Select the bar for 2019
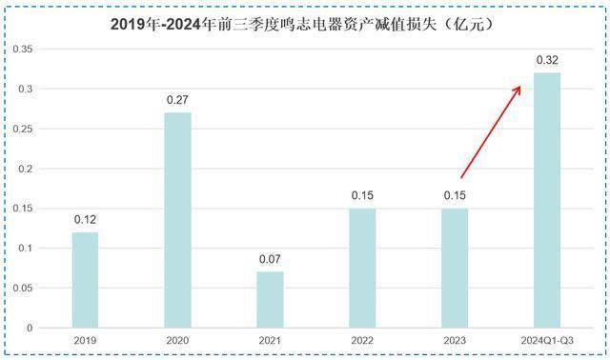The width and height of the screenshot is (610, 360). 86,280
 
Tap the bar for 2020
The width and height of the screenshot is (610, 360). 178,220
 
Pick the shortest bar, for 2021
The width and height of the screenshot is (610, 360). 270,300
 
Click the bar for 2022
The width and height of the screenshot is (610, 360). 362,268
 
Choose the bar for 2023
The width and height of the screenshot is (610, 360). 455,268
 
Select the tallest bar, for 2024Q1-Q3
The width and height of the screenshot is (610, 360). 547,200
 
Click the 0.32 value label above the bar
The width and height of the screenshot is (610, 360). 547,61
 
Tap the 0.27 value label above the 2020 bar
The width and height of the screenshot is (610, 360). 178,100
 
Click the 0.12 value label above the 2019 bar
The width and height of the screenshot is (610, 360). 86,220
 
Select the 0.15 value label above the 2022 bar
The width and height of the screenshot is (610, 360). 362,196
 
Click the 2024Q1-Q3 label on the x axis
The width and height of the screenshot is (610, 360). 547,342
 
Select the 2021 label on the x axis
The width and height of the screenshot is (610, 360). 270,342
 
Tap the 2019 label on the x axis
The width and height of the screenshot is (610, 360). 86,342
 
